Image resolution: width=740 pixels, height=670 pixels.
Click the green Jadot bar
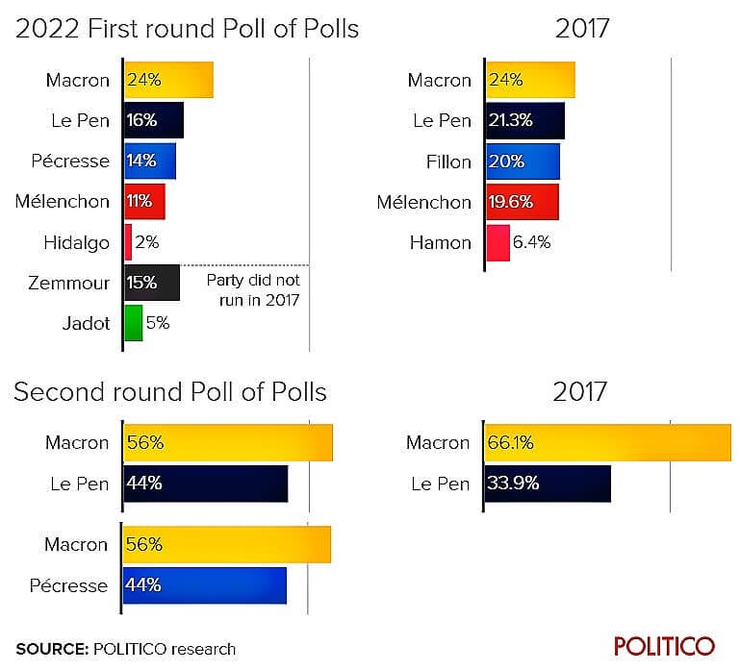[134, 323]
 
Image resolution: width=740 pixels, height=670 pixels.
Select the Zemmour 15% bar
[152, 283]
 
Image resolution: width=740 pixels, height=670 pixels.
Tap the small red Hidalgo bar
[128, 242]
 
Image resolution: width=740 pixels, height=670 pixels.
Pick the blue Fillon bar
[523, 161]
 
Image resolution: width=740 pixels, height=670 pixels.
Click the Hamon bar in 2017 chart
[498, 242]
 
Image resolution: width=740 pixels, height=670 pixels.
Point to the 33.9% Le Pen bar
[548, 484]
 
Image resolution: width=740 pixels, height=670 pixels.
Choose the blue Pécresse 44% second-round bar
[205, 584]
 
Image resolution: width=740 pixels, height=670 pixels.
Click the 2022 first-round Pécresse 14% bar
[150, 161]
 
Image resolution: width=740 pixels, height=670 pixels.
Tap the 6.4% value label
[531, 242]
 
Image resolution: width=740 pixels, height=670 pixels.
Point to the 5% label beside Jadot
[158, 323]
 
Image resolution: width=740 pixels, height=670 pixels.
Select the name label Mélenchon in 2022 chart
[63, 202]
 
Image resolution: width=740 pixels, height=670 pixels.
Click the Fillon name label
[448, 161]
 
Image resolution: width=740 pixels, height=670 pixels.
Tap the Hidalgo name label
[77, 242]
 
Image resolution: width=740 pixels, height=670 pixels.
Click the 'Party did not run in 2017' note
[253, 290]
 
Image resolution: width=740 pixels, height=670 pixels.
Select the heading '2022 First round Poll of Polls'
[187, 29]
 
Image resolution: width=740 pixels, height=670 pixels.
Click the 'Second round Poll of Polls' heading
[170, 392]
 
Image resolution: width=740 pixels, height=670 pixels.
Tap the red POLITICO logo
[664, 645]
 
